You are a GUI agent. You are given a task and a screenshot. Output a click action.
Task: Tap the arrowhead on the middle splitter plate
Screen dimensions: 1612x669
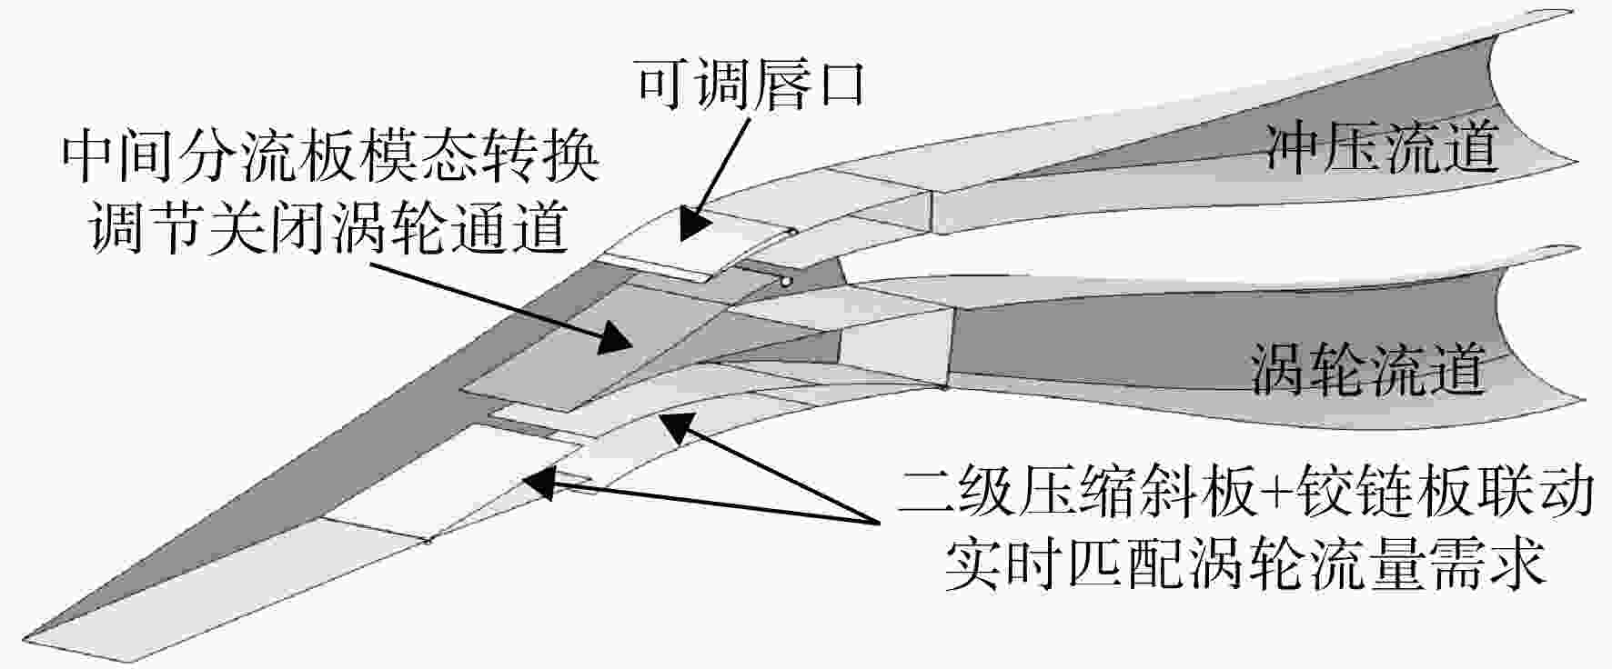(615, 339)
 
